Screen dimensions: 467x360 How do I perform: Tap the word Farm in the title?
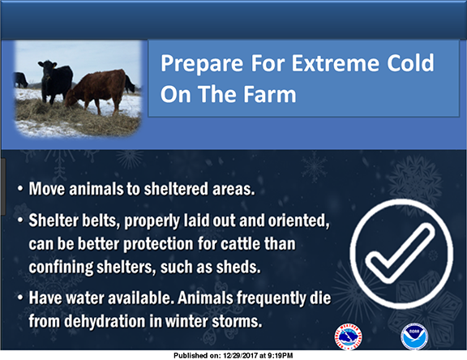[270, 94]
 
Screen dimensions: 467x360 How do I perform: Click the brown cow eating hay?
[96, 91]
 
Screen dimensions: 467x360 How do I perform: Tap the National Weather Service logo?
[349, 336]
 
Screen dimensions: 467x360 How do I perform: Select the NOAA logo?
[414, 336]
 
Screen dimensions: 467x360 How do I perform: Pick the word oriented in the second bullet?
[298, 221]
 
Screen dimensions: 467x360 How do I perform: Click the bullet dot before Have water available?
[20, 298]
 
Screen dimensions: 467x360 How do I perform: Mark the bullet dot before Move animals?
[20, 189]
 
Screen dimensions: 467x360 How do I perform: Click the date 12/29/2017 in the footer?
[240, 355]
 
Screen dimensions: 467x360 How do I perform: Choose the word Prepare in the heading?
[202, 64]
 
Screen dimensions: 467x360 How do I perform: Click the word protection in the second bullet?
[158, 244]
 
